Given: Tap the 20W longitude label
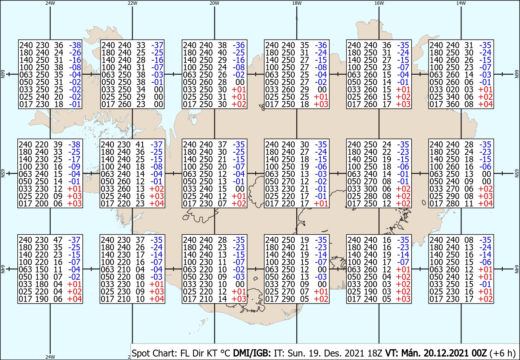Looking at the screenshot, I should point(214,3).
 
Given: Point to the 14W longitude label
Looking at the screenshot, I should point(461,3).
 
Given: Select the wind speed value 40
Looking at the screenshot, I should point(222,52).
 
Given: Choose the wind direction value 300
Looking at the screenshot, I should point(370,189).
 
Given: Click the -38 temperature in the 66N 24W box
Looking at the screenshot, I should point(75,45).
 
